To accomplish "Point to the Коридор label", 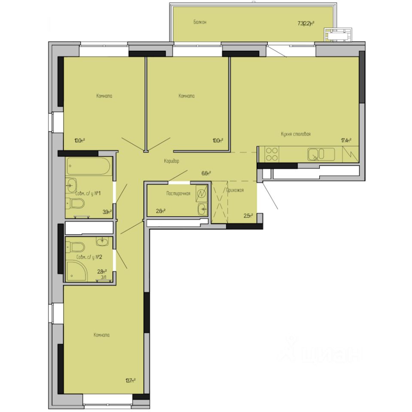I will pos(171,161).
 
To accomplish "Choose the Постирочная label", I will pos(178,194).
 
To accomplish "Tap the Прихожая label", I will pos(235,190).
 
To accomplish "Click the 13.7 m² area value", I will pos(130,380).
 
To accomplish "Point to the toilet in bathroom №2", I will pos(76,247).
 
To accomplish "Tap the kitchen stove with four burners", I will pos(272,154).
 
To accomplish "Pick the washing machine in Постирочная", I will pos(201,194).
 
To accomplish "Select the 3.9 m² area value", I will pos(107,211).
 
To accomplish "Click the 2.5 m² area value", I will pos(248,215).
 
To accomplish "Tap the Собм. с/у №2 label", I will pos(88,257).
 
